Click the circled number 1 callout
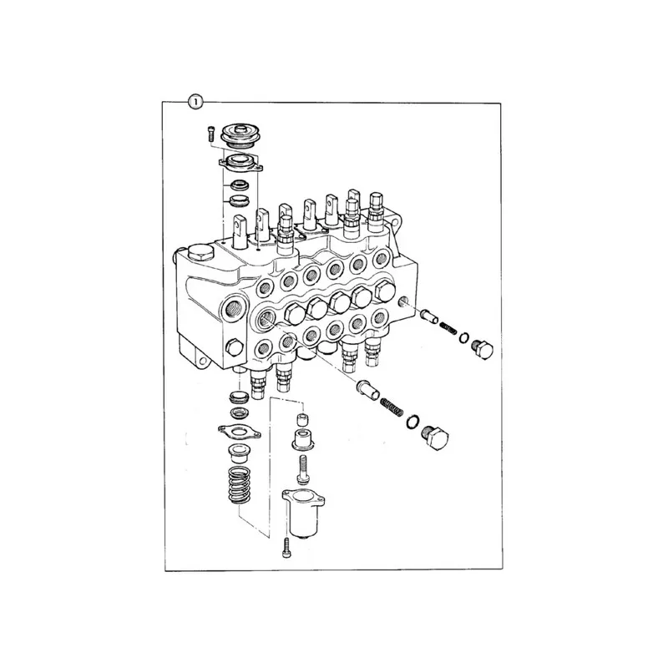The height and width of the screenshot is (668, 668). click(x=195, y=102)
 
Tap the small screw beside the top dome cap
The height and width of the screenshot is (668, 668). click(x=210, y=134)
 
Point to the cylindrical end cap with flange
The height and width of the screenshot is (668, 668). click(x=303, y=513)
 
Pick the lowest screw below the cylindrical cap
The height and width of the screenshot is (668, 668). click(x=286, y=548)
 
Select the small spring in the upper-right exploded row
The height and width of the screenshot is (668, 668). click(x=448, y=328)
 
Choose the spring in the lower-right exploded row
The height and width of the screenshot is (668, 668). click(x=392, y=407)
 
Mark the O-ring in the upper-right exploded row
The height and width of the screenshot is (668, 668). click(x=464, y=338)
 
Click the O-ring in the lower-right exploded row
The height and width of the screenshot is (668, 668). click(x=412, y=421)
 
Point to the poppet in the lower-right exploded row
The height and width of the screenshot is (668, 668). click(x=367, y=389)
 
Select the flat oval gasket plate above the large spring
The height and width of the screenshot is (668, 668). click(x=239, y=431)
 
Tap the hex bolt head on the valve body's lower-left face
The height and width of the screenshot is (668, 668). click(x=235, y=347)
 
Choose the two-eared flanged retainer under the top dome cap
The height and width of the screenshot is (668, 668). click(x=240, y=164)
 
